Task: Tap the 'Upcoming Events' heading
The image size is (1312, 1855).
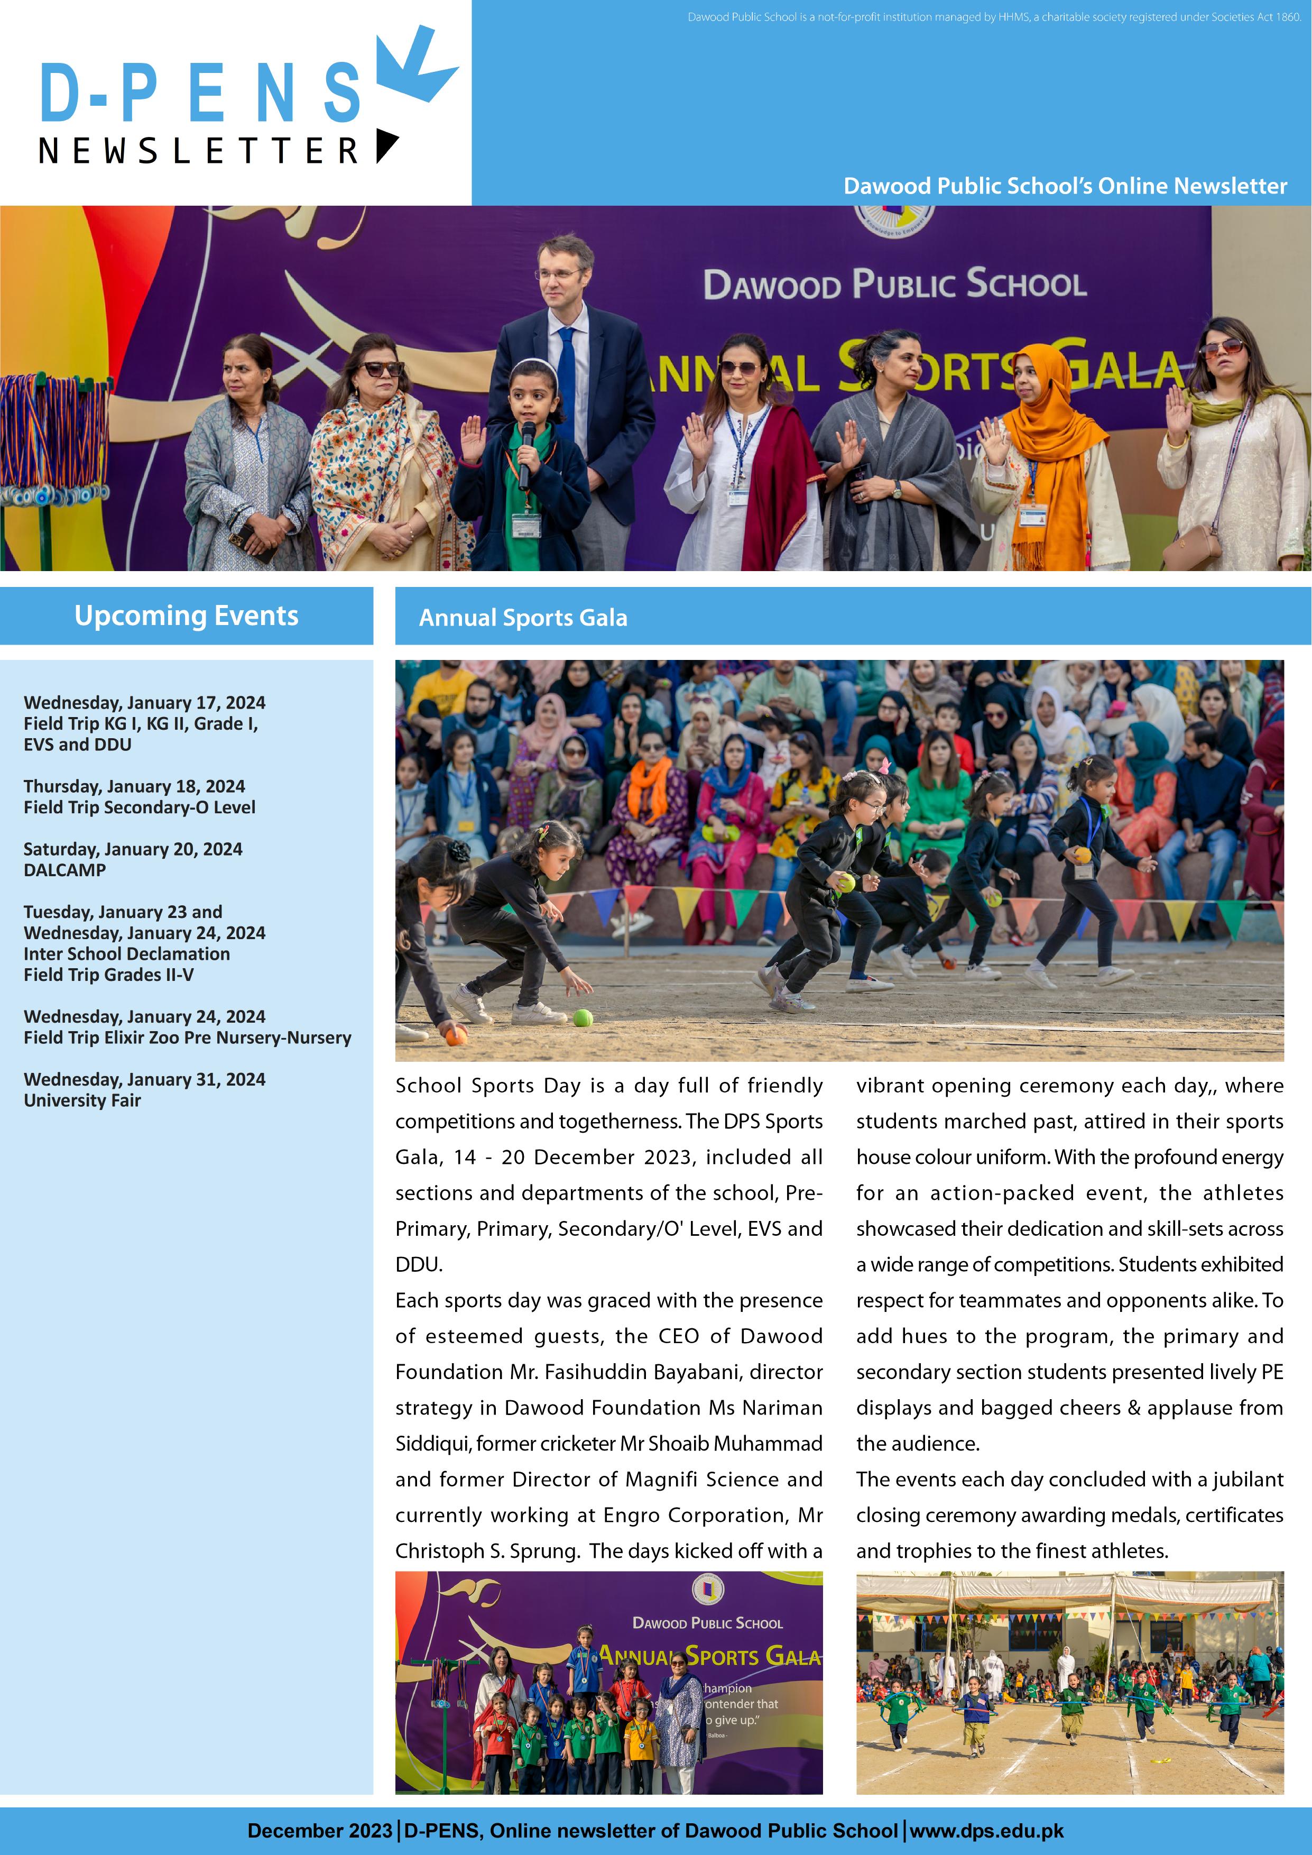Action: [x=186, y=616]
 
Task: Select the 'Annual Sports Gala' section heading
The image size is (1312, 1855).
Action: [x=523, y=618]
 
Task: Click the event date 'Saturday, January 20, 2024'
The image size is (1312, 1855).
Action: [x=133, y=849]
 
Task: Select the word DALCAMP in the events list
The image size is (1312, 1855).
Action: [x=64, y=870]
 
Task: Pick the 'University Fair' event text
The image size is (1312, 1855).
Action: [x=82, y=1100]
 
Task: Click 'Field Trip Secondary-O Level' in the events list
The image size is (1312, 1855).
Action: [x=139, y=807]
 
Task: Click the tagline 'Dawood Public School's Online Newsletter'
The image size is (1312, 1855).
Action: [x=1065, y=187]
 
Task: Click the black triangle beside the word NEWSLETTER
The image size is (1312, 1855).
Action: [x=386, y=145]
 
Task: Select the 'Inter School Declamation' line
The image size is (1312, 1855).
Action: [x=127, y=954]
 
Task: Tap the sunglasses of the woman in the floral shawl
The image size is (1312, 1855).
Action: [x=381, y=369]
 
